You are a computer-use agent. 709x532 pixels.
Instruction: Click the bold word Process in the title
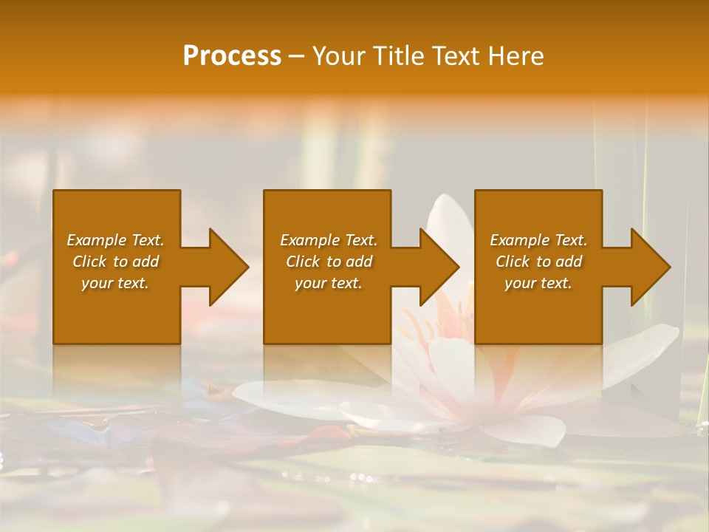click(x=232, y=56)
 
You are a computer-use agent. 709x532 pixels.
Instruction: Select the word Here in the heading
click(x=516, y=56)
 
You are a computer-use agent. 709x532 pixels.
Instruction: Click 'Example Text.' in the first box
click(x=116, y=240)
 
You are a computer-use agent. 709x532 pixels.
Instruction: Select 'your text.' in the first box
click(x=116, y=283)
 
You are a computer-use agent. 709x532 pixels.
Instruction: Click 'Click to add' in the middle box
click(x=329, y=262)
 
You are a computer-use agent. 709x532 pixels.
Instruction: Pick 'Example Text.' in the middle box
click(x=329, y=240)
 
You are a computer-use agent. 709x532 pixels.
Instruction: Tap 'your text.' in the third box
click(x=538, y=283)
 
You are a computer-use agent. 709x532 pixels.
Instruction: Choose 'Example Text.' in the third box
click(x=538, y=240)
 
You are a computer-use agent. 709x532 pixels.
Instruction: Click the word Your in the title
click(x=338, y=56)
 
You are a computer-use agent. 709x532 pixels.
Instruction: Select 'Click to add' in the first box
click(x=116, y=262)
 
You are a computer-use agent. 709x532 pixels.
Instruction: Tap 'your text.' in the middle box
click(x=329, y=283)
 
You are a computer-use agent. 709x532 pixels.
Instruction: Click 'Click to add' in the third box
click(x=538, y=262)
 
